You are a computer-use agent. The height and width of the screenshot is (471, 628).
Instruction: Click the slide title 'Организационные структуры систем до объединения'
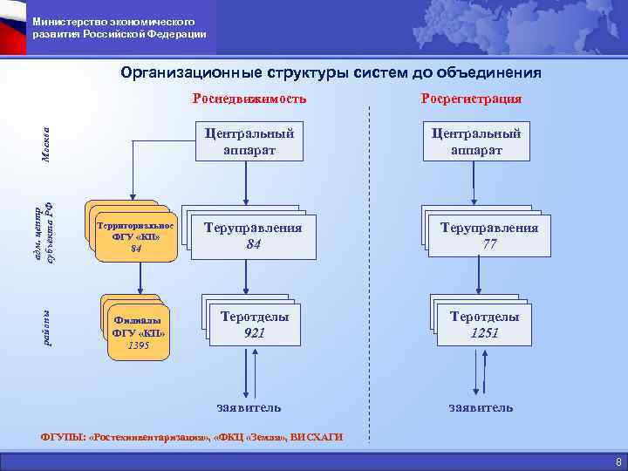click(x=331, y=72)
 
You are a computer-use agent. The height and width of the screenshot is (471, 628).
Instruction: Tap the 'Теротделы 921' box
click(x=255, y=324)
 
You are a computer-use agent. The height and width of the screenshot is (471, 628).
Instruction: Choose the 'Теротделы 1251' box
click(x=484, y=324)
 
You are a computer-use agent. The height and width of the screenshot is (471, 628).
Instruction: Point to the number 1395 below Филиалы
click(x=138, y=346)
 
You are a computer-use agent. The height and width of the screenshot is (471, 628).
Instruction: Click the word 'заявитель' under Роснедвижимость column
click(x=249, y=407)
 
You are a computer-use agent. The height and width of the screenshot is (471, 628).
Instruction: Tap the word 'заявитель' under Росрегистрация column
click(x=481, y=407)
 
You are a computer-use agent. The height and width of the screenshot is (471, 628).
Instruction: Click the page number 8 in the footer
click(x=618, y=461)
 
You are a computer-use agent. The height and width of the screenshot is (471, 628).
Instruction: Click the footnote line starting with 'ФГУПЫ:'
click(x=193, y=436)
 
